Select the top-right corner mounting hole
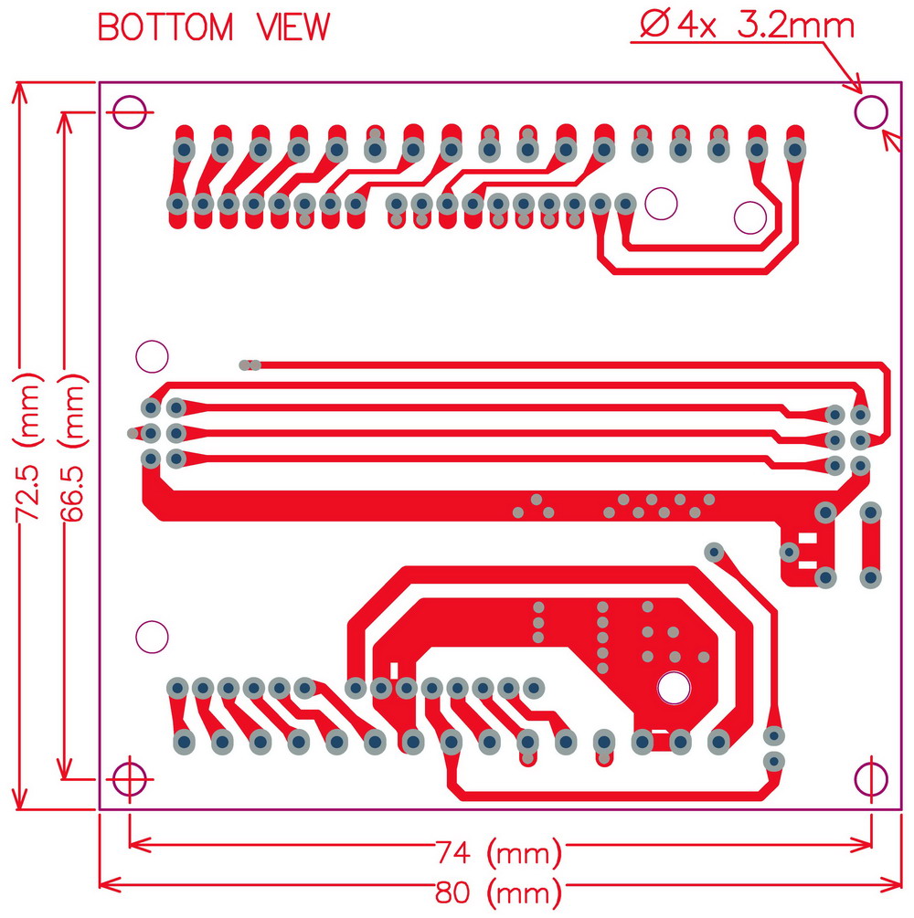tap(871, 111)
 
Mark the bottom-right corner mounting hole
tap(871, 778)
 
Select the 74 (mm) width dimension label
tap(498, 854)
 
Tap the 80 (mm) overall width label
tap(498, 890)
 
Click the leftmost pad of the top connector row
tap(184, 148)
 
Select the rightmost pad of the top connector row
tap(795, 148)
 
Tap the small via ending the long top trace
tap(245, 365)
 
